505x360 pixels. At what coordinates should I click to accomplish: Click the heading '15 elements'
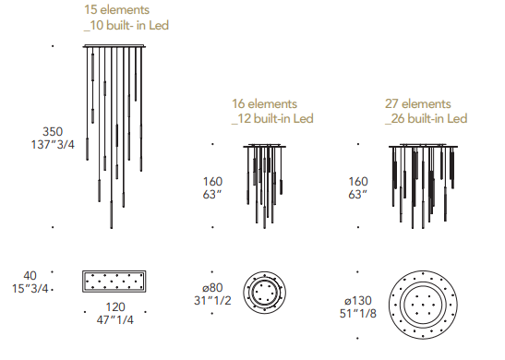tap(116, 9)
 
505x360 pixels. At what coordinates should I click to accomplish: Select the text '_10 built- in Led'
tap(126, 25)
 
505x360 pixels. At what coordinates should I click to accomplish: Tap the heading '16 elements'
tap(264, 103)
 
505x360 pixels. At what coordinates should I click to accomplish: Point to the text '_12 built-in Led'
tap(272, 118)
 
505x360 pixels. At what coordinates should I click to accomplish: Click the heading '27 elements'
tap(417, 103)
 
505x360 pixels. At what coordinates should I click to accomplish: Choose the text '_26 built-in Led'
tap(427, 118)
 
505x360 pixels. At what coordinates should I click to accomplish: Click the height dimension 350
tap(53, 132)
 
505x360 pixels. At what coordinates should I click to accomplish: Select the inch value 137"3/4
tap(53, 145)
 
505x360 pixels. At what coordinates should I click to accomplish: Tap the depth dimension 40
tap(30, 276)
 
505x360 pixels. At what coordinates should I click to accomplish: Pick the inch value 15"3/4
tap(30, 289)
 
